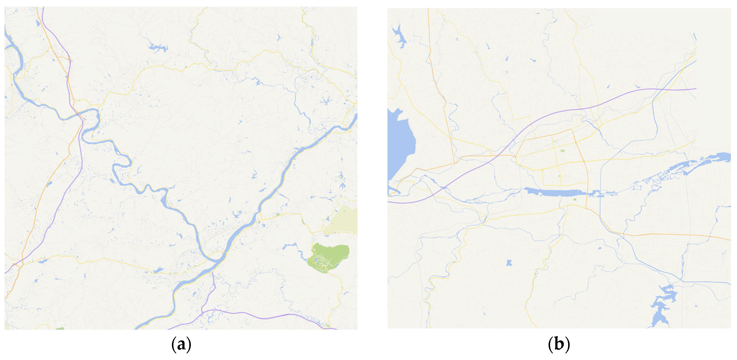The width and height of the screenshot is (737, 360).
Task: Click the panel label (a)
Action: click(181, 345)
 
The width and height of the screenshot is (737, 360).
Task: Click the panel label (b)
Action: click(559, 345)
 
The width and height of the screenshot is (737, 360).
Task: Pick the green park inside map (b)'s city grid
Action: click(562, 151)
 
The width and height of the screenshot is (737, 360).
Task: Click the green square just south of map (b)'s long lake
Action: click(575, 199)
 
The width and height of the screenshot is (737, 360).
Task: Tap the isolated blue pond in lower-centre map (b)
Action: click(509, 263)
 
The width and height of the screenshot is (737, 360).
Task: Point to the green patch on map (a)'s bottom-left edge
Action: click(60, 328)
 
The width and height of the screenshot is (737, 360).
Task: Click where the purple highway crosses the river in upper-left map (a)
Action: click(80, 115)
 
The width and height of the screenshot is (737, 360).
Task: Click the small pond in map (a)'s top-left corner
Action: click(38, 23)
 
